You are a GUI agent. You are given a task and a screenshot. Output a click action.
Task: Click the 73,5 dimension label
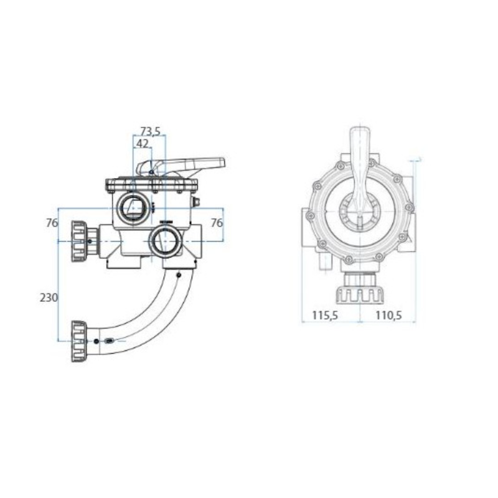coord(151,131)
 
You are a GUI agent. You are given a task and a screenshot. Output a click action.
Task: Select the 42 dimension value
coord(142,144)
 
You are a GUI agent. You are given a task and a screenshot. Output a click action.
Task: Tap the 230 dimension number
coord(49,298)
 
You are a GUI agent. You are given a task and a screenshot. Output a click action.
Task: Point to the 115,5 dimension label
coord(325,316)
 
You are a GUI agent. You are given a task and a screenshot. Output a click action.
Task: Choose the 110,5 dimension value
coord(388,316)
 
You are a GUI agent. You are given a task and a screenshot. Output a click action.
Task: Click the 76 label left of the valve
coord(52,223)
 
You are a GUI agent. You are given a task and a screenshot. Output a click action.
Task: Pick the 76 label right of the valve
coord(217,223)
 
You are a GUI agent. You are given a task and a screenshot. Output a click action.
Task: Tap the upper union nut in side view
coord(79,242)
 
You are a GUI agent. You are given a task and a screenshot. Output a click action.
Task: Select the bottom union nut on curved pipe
coord(79,341)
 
